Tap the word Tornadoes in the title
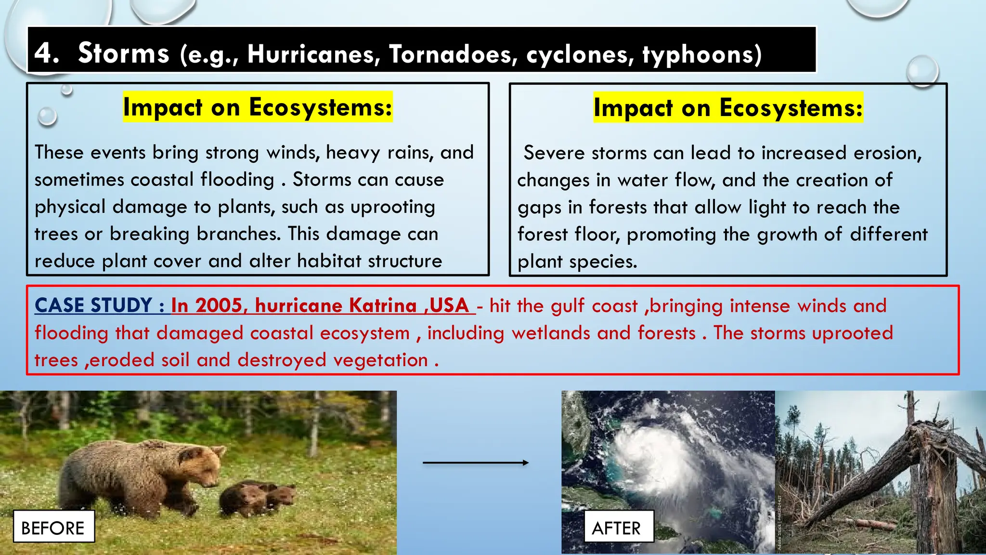click(453, 54)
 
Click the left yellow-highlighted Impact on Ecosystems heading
click(258, 107)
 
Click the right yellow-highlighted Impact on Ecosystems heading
click(728, 107)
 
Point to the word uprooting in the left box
click(392, 207)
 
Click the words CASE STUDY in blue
click(93, 305)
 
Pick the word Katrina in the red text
click(382, 305)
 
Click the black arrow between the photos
click(475, 462)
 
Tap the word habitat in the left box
click(328, 261)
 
